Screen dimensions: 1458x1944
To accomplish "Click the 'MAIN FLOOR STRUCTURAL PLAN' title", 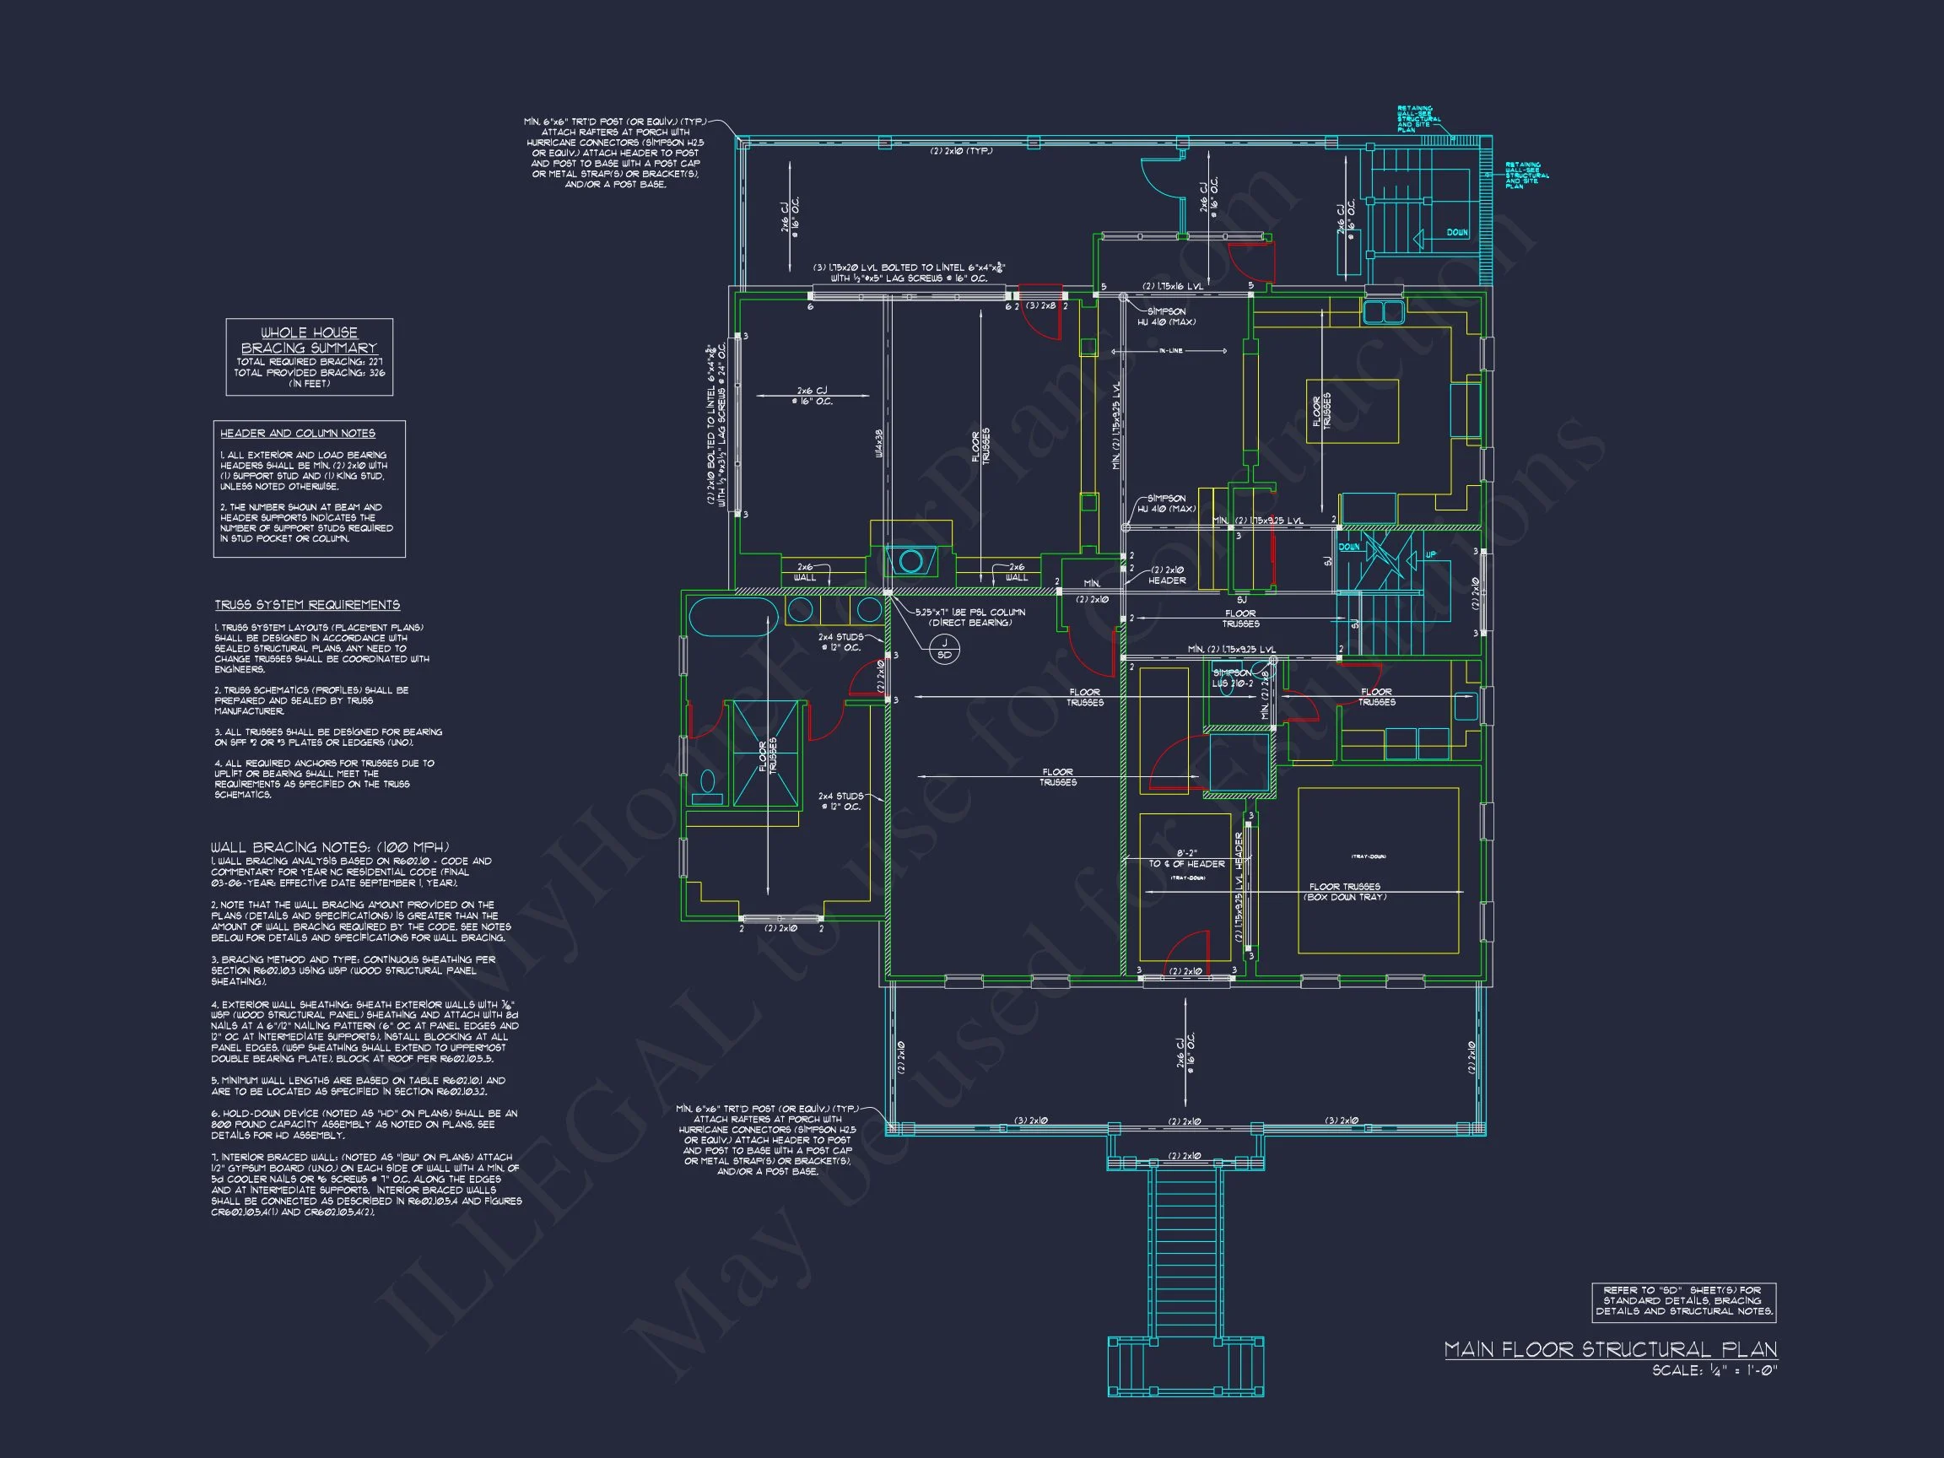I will pyautogui.click(x=1610, y=1350).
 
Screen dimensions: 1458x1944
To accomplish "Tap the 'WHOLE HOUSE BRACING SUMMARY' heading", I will pyautogui.click(x=309, y=340).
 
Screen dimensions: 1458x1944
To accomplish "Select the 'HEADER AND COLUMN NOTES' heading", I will pyautogui.click(x=297, y=434).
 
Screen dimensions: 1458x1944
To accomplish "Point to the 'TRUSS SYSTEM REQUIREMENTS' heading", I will pyautogui.click(x=308, y=605).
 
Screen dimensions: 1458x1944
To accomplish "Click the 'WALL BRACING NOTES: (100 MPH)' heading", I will pyautogui.click(x=331, y=847).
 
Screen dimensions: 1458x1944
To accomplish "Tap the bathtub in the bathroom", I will pyautogui.click(x=732, y=616).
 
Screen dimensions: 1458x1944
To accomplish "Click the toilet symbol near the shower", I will pyautogui.click(x=706, y=786).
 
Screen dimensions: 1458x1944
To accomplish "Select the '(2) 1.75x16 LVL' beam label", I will pyautogui.click(x=1171, y=287).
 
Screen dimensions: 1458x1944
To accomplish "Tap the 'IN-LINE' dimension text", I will pyautogui.click(x=1169, y=351).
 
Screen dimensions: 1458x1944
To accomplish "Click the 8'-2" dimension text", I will pyautogui.click(x=1185, y=851).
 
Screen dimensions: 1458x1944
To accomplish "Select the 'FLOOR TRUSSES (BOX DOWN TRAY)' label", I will pyautogui.click(x=1344, y=891).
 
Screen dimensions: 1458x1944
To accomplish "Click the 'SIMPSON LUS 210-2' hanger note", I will pyautogui.click(x=1232, y=678).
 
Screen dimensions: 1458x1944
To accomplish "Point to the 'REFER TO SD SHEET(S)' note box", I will pyautogui.click(x=1683, y=1301).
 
